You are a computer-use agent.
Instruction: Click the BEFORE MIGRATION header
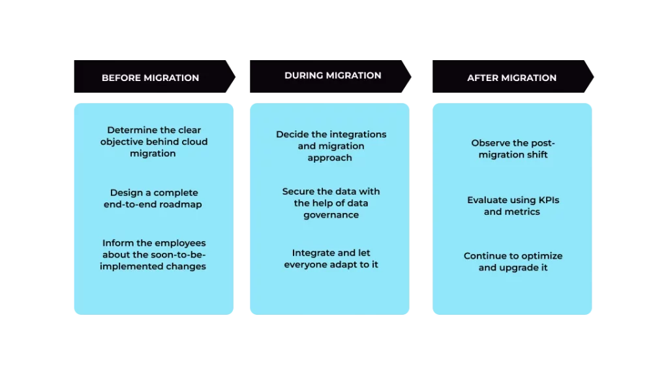click(150, 78)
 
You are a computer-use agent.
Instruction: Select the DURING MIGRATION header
click(333, 75)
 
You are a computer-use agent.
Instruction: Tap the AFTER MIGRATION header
click(511, 78)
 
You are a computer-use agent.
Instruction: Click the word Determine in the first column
click(132, 130)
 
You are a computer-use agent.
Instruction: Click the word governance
click(331, 215)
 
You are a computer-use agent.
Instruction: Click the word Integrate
click(315, 253)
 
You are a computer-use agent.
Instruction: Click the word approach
click(331, 157)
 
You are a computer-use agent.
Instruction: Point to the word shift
click(535, 155)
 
